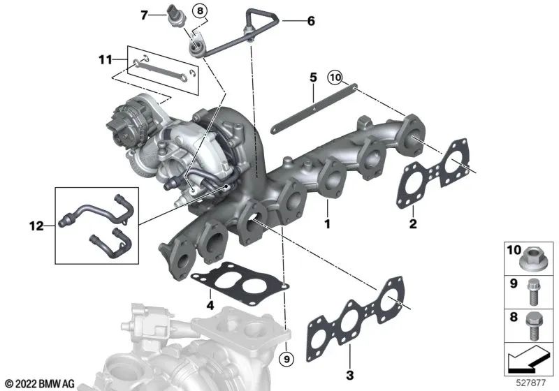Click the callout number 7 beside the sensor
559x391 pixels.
point(144,15)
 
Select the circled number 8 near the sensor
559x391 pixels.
point(200,10)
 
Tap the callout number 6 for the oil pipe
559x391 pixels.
point(311,21)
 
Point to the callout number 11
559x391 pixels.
point(106,59)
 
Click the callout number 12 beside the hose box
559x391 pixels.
point(36,226)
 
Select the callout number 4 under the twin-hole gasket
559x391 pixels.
point(210,305)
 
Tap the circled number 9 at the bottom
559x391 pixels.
point(287,360)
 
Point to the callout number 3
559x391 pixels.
point(350,375)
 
